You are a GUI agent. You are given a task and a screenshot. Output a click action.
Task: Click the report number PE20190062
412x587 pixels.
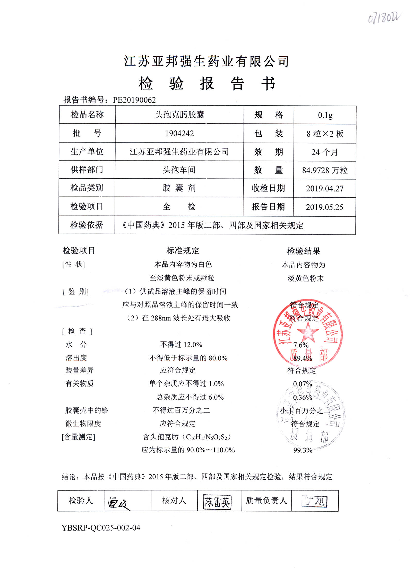134,100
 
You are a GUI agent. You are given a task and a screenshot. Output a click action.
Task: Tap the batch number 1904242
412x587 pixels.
179,134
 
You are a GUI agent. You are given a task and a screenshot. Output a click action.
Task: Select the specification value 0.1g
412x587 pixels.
325,115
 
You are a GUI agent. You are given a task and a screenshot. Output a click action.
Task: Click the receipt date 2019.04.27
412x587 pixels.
324,189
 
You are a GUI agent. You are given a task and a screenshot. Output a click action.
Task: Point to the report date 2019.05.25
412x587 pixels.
324,207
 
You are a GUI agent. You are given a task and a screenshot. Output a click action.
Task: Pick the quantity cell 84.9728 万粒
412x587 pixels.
325,170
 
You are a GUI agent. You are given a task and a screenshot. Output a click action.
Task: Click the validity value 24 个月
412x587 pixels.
324,152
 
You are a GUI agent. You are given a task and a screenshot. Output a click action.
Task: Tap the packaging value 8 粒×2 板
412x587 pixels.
325,134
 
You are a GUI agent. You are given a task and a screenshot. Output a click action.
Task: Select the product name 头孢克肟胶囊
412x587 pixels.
179,115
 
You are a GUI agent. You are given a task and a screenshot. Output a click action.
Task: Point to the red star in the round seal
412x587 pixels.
308,332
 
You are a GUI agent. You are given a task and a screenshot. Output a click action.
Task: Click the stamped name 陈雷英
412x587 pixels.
217,502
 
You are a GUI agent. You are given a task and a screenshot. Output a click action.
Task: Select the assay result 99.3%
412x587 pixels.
303,450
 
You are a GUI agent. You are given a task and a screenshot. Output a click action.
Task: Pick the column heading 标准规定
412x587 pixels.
183,250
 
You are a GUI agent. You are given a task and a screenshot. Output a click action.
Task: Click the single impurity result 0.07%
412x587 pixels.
302,384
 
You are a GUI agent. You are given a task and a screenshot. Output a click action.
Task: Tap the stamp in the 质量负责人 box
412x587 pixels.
314,501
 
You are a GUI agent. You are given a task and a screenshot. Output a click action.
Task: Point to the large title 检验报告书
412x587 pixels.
207,84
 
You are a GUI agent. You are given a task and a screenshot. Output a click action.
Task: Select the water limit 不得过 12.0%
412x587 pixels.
181,345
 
